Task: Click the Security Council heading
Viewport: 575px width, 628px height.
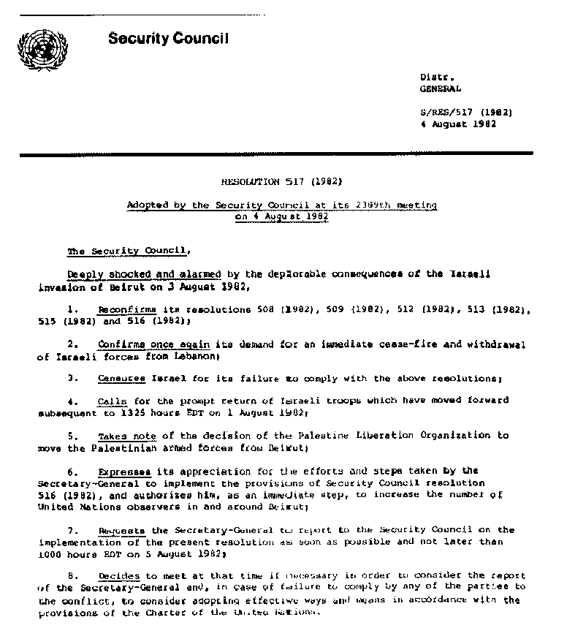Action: [168, 39]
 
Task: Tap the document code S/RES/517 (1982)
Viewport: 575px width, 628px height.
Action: [465, 113]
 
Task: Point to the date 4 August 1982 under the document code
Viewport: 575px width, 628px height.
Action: [458, 124]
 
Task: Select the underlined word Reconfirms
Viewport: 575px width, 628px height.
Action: [122, 311]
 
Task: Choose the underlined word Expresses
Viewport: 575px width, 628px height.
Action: [124, 471]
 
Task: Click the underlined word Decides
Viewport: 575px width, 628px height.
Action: [119, 577]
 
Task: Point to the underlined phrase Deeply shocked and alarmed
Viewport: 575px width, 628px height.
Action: [144, 274]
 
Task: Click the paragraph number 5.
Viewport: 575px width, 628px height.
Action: [71, 436]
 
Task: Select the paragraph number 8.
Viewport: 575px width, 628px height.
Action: [71, 577]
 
